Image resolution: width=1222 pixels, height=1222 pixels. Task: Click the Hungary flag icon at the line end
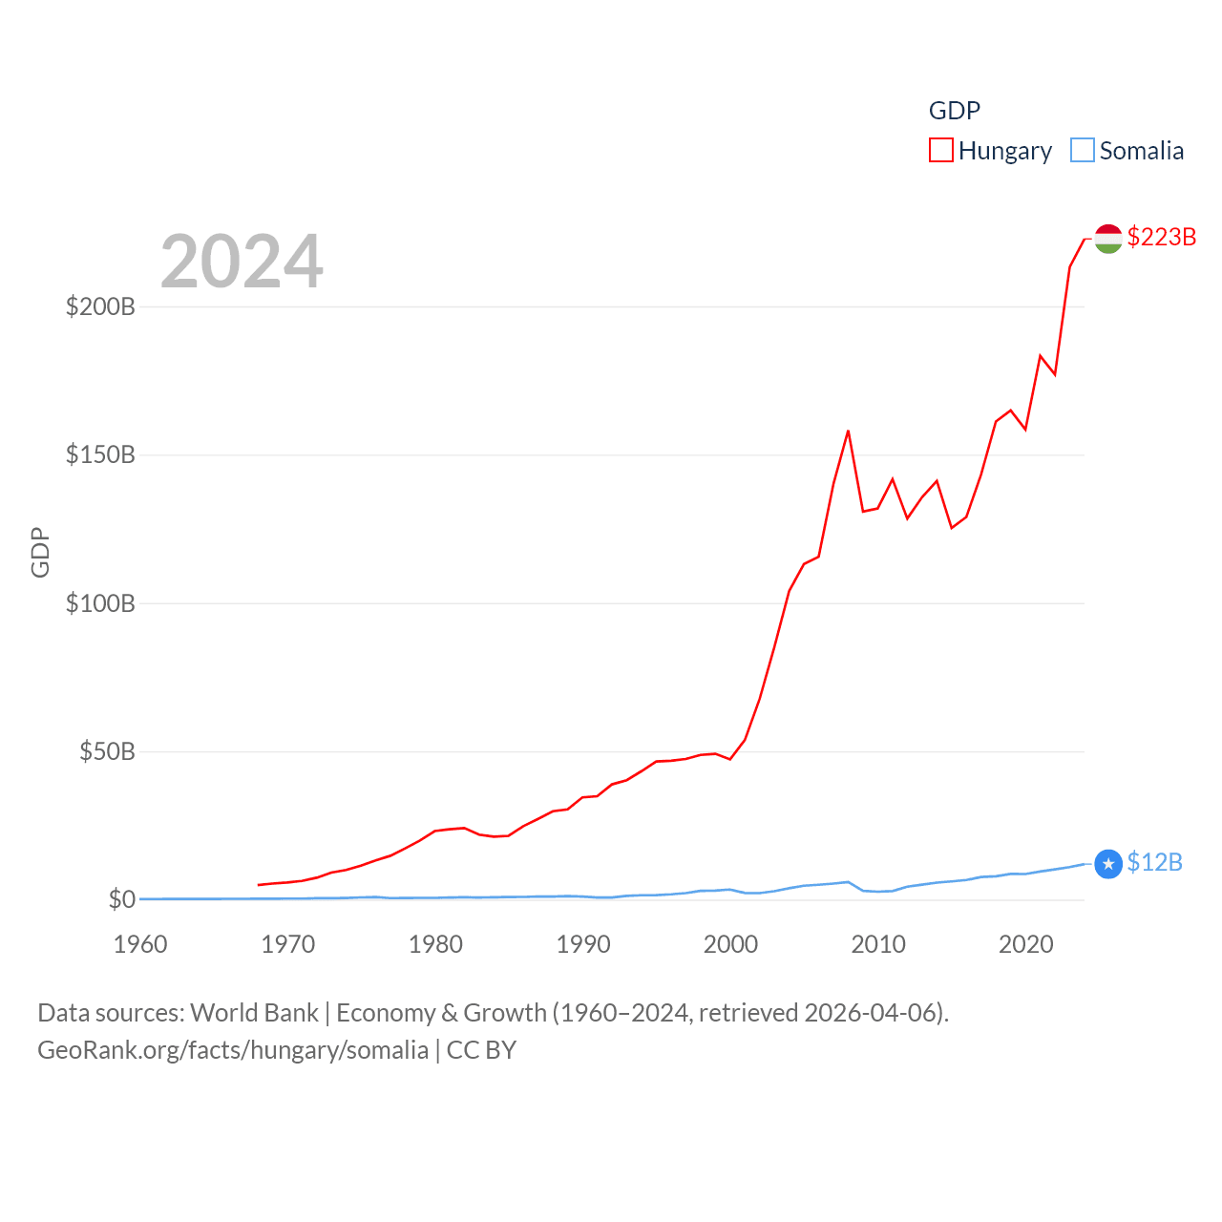[1107, 239]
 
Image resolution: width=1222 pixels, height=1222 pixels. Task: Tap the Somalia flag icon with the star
[1107, 864]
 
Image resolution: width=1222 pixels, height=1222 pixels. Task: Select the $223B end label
[1161, 237]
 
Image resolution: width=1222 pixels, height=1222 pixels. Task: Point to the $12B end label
[1154, 862]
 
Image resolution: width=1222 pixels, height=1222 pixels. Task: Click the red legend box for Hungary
[941, 151]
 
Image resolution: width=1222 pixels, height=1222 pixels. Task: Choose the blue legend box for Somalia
[1082, 151]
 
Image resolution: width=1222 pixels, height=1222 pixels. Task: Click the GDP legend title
[955, 111]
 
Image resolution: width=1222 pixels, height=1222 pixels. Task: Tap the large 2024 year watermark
[242, 262]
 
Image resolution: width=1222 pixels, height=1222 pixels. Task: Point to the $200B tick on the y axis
[100, 306]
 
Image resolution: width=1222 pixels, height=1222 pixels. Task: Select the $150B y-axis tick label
[100, 454]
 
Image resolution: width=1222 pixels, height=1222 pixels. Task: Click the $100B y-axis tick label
[100, 603]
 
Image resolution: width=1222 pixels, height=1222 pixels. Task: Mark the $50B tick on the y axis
[107, 751]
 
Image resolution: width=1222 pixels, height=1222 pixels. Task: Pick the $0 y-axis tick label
[121, 899]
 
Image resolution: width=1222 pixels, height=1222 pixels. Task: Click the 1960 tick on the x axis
[140, 944]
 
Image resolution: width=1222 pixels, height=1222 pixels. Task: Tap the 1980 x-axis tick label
[435, 944]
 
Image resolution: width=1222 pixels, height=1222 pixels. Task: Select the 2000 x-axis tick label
[730, 944]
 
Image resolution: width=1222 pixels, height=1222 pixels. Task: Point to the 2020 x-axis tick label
[1025, 944]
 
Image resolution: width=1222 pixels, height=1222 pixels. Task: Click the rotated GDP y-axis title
[40, 552]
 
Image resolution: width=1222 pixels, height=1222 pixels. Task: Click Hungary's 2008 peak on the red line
[848, 432]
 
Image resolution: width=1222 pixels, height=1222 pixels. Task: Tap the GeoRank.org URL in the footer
[233, 1050]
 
